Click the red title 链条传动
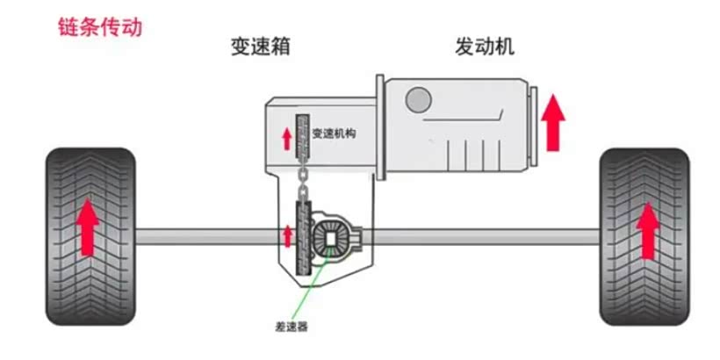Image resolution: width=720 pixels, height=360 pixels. click(98, 27)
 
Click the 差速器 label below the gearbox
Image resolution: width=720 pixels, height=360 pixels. click(289, 325)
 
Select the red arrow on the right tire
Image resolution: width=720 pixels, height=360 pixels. click(648, 230)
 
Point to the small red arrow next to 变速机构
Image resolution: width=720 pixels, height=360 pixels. click(285, 137)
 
